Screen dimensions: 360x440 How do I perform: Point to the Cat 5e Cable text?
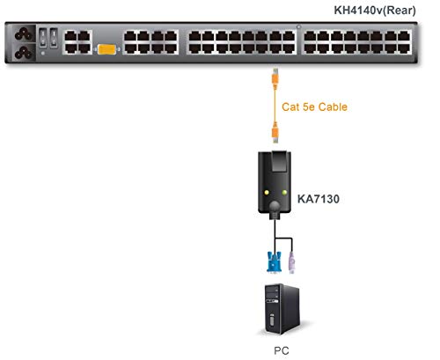coord(314,107)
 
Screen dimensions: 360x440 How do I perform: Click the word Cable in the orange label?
coord(332,107)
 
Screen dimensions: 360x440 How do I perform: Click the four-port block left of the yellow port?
coord(77,44)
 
